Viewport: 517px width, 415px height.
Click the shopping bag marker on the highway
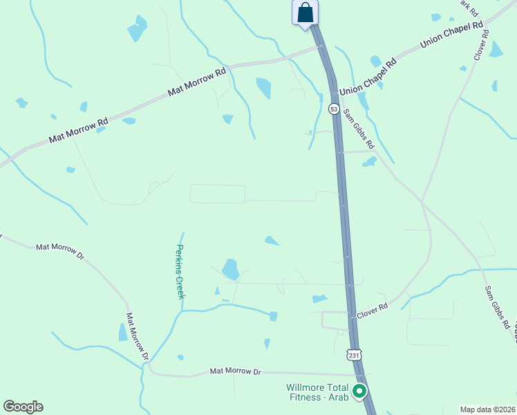point(305,13)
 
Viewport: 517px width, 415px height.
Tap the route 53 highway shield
point(334,109)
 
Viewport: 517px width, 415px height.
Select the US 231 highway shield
point(353,355)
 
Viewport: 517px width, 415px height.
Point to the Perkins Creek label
point(180,271)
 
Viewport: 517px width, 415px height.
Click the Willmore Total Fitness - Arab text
point(317,392)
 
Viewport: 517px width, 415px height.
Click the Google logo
point(23,407)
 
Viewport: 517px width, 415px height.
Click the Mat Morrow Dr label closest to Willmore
point(235,371)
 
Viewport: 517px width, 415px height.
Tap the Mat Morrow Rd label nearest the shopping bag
point(197,81)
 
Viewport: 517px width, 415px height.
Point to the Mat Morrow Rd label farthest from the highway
point(78,130)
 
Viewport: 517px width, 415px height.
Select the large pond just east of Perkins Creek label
point(230,268)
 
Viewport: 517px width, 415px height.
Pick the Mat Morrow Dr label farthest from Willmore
point(59,250)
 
